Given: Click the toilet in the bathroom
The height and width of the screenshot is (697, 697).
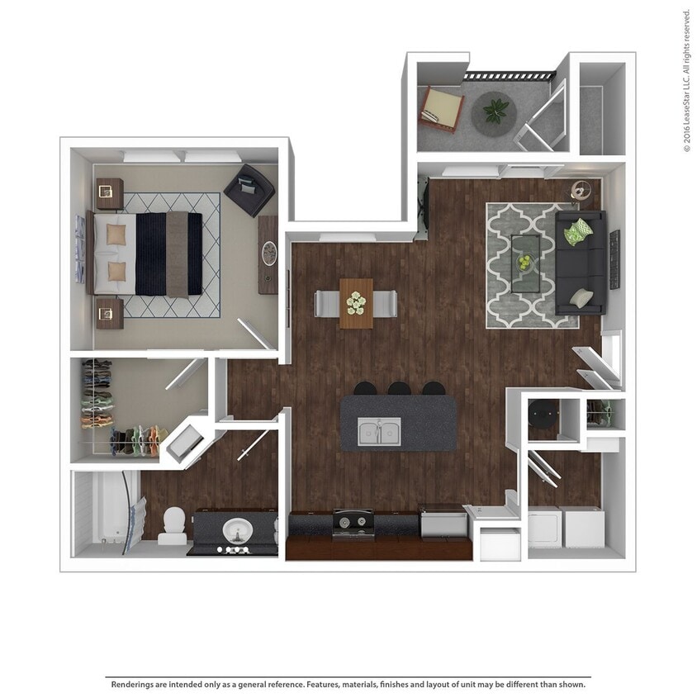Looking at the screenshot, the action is tap(173, 526).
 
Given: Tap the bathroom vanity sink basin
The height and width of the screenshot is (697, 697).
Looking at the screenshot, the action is tap(237, 531).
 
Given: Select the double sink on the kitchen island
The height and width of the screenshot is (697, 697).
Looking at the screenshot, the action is tap(379, 431).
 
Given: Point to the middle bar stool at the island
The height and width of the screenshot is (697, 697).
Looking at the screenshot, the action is tap(399, 388).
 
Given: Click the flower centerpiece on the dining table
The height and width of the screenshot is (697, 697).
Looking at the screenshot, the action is tap(356, 303).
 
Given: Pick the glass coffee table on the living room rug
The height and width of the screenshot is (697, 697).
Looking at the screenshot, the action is tap(525, 263).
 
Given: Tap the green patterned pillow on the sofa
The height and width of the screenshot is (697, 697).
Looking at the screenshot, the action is tap(578, 232).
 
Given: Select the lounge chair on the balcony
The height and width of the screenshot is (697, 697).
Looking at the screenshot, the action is tap(443, 109).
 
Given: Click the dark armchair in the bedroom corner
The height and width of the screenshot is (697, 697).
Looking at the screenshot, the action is tap(249, 190).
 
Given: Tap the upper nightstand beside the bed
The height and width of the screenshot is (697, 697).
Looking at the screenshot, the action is tap(109, 194).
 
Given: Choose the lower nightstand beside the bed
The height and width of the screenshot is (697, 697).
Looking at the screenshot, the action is tap(109, 313).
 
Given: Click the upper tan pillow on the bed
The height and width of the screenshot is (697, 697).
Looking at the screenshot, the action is tap(116, 235).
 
